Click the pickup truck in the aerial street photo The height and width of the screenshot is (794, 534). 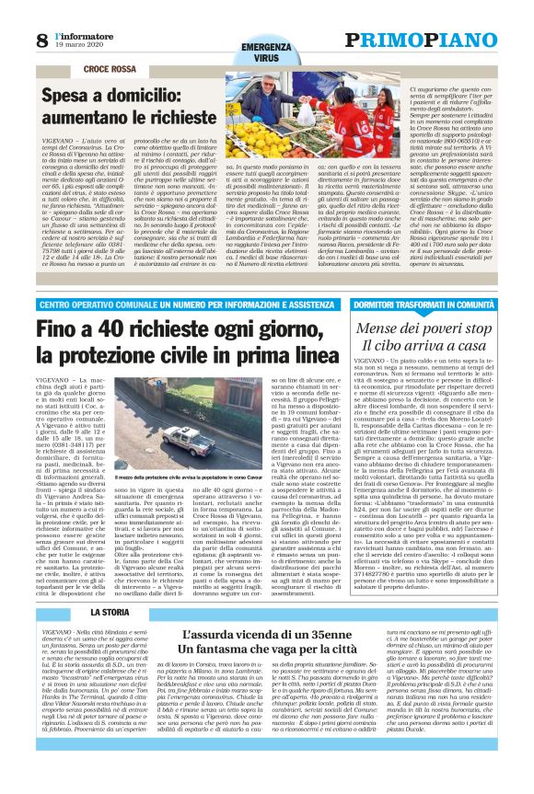coord(192,438)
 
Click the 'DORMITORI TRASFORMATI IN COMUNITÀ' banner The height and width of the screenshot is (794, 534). coord(426,302)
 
